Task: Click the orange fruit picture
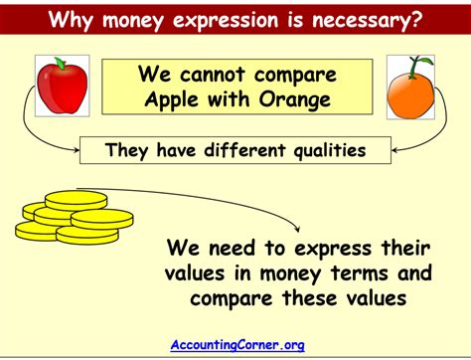coord(410,92)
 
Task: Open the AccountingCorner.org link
coord(236,345)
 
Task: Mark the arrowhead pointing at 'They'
coord(76,151)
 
